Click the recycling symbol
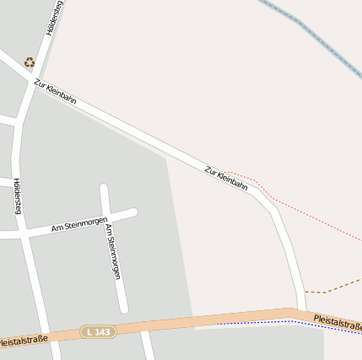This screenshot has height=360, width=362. pos(30,62)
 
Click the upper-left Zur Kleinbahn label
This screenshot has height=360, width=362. pos(55,91)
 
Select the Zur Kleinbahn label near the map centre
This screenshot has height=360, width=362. pos(226,178)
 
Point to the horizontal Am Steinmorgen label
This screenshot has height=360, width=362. pos(79,224)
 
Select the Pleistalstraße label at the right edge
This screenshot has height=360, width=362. pos(337,322)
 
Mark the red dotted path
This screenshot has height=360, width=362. pos(312,216)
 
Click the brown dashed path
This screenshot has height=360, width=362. pos(338,286)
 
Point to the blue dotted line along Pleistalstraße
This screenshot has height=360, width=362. pos(253,322)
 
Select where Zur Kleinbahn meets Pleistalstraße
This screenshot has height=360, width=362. pos(300,313)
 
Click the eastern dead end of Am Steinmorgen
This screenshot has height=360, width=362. pos(133,212)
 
